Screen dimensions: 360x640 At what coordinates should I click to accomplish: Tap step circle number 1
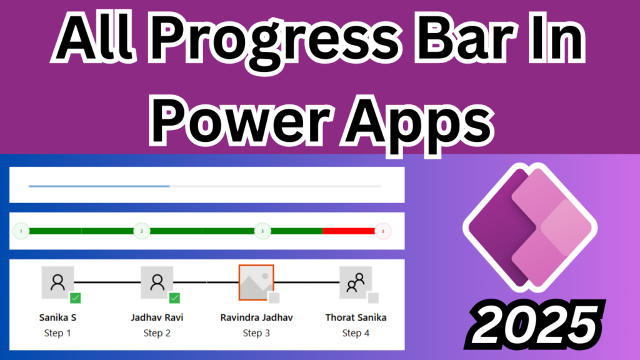[x=21, y=231]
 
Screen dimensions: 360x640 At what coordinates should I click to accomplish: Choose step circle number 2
[x=142, y=231]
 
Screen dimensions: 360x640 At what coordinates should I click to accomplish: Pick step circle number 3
[x=262, y=231]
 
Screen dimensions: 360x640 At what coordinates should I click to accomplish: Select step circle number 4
[x=382, y=231]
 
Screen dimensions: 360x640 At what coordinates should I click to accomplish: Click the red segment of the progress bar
[x=348, y=231]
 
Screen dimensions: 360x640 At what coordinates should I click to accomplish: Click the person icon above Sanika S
[x=57, y=282]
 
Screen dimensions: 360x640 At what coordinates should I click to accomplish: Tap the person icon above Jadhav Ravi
[x=157, y=282]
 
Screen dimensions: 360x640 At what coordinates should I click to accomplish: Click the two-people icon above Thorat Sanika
[x=356, y=282]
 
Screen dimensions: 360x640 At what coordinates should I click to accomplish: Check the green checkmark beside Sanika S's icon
[x=76, y=298]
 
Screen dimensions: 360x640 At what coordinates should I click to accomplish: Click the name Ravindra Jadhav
[x=256, y=317]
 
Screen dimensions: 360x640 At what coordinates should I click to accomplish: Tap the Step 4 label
[x=356, y=333]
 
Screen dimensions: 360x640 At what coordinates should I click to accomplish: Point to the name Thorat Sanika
[x=356, y=317]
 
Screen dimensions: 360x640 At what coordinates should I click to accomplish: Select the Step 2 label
[x=157, y=333]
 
